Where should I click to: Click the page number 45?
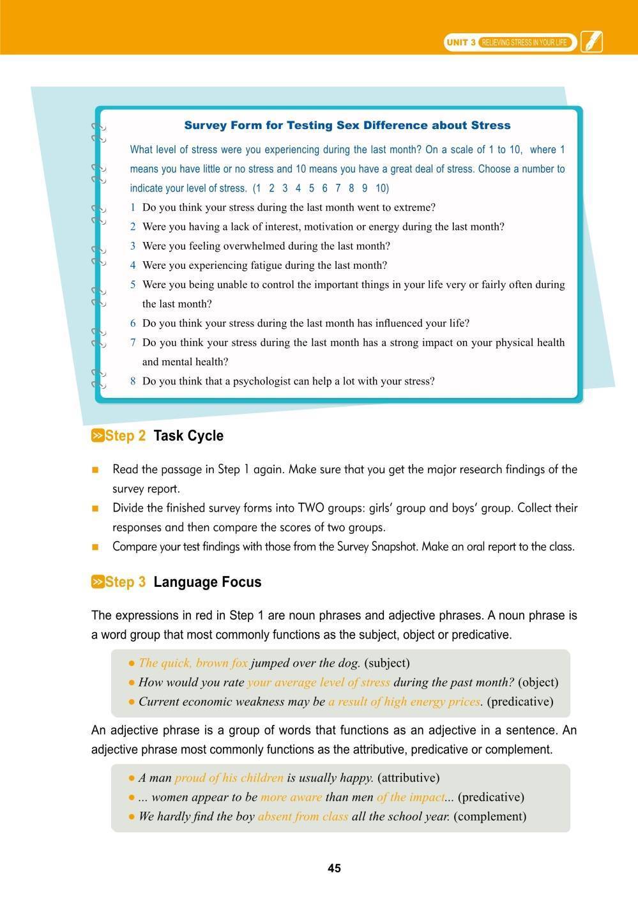point(334,868)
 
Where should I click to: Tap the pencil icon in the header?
point(591,43)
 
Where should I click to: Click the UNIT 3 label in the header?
point(460,43)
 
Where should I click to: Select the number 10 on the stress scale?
point(382,188)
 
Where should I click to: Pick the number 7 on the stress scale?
point(338,188)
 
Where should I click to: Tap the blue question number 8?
point(133,381)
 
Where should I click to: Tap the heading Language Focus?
point(208,582)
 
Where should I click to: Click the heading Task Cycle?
point(188,436)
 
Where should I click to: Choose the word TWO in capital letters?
point(312,508)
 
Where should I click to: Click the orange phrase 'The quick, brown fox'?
point(193,663)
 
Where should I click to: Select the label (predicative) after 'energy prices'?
point(520,702)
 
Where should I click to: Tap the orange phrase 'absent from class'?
point(303,816)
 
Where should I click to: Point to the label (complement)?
point(490,816)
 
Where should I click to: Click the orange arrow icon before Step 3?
point(98,582)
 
